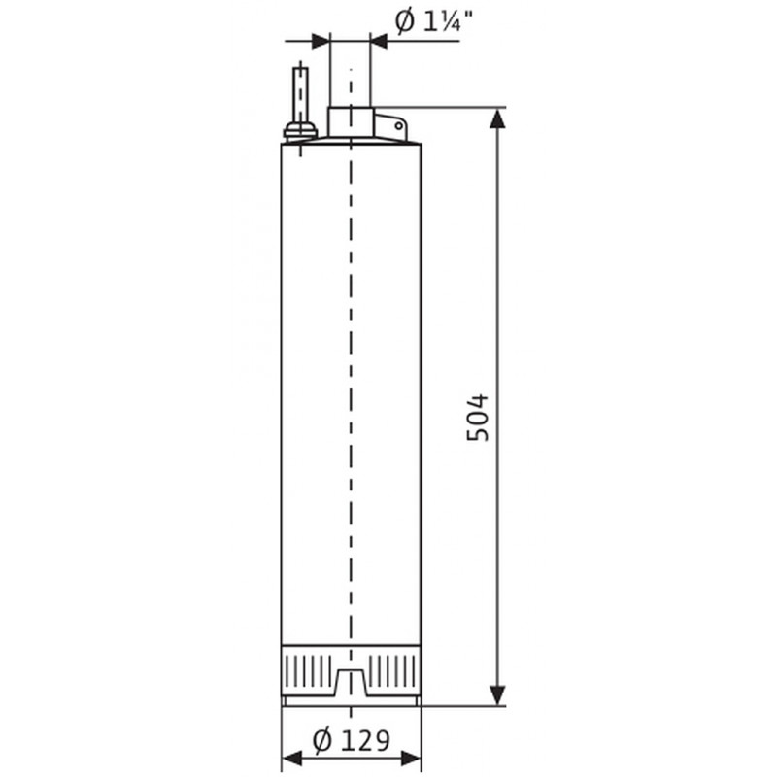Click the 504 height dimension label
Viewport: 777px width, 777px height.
click(478, 418)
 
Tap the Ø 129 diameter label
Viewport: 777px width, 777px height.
click(352, 741)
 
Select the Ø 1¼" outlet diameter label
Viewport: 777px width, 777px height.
click(433, 21)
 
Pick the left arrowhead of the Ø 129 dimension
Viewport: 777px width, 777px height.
click(292, 758)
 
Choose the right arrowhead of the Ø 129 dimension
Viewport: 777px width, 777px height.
click(411, 758)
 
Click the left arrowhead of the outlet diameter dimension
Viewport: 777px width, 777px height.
click(320, 41)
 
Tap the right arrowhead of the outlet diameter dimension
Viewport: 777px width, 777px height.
click(379, 41)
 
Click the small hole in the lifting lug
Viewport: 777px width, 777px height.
click(398, 126)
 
